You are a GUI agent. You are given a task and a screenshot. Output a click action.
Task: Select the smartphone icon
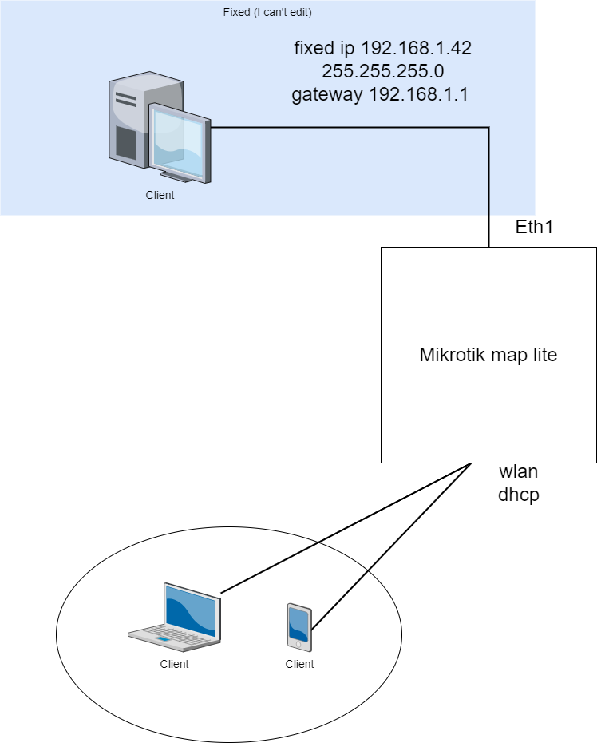(x=299, y=627)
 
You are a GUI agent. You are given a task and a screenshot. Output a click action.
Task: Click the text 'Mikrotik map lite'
(x=488, y=356)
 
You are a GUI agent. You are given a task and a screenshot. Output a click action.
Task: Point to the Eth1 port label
(x=534, y=227)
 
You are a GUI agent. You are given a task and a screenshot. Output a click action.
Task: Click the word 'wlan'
(x=518, y=471)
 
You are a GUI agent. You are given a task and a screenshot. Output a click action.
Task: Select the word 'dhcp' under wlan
(x=518, y=495)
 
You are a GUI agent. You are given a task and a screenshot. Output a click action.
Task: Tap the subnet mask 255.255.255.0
(x=382, y=71)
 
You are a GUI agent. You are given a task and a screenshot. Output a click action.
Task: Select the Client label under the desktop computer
(x=160, y=195)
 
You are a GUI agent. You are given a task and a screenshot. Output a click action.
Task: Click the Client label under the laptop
(x=174, y=664)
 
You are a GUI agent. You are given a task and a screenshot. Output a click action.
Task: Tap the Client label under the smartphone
(x=299, y=664)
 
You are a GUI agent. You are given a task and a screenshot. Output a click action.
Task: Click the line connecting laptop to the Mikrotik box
(x=343, y=529)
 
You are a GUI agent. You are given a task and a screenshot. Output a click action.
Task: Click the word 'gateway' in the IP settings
(x=326, y=94)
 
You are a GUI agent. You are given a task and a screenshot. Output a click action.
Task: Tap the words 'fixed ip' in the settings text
(x=323, y=48)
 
